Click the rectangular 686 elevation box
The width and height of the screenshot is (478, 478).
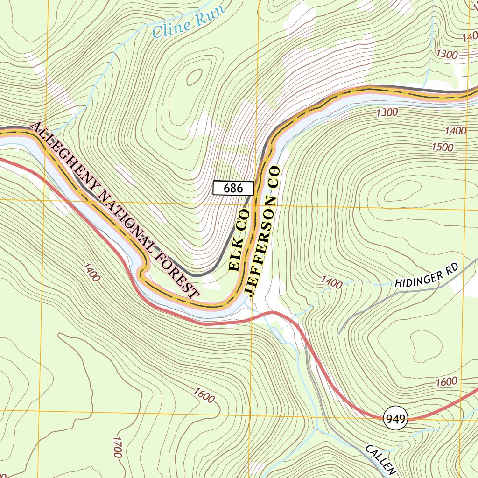(233, 188)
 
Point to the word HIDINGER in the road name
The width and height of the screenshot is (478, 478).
(417, 279)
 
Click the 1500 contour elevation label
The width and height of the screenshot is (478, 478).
(442, 147)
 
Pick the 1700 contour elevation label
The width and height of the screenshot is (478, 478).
(117, 447)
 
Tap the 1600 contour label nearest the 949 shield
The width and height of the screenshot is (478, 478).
(446, 381)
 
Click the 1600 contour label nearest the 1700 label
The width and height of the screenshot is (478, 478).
(203, 395)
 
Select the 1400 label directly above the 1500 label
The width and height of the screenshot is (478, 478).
(456, 131)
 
